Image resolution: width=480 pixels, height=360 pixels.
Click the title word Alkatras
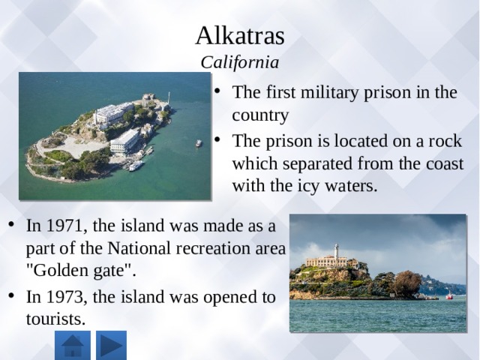pyautogui.click(x=240, y=36)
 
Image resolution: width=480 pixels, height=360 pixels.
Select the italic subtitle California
pyautogui.click(x=240, y=62)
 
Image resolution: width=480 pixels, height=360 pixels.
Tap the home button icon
pyautogui.click(x=73, y=345)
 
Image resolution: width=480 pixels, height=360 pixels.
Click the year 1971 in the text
pyautogui.click(x=64, y=226)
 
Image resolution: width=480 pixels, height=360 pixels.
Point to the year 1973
pyautogui.click(x=64, y=297)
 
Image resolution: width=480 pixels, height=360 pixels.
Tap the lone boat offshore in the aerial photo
pyautogui.click(x=199, y=143)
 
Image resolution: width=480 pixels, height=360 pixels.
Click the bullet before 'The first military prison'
pyautogui.click(x=217, y=91)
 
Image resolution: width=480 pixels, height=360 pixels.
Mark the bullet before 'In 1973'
pyautogui.click(x=11, y=295)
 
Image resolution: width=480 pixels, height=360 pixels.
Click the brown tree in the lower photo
pyautogui.click(x=406, y=283)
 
